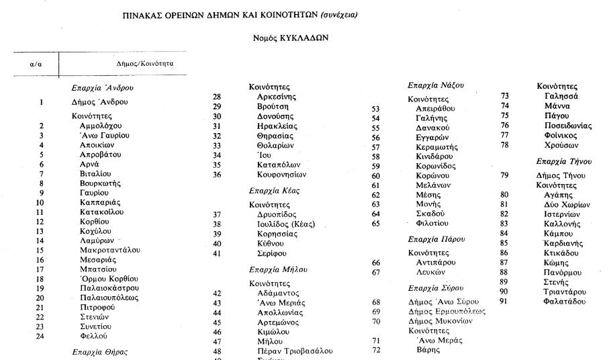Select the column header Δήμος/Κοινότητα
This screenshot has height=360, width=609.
(x=145, y=64)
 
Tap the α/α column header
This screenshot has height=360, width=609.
(x=36, y=64)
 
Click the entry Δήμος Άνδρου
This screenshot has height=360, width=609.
(x=99, y=103)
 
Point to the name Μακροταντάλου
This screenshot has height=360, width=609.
(x=110, y=250)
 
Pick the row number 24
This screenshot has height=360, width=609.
(x=41, y=336)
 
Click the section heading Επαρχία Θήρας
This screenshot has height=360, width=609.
(x=99, y=352)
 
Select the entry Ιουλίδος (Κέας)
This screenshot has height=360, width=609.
(x=286, y=224)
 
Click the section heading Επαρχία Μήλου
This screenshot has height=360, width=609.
(x=278, y=269)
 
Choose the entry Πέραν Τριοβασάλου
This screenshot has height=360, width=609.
(x=295, y=351)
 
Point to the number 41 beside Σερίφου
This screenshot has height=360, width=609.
(x=217, y=253)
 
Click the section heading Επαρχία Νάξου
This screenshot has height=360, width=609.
(x=436, y=85)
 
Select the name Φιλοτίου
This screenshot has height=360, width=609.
(x=432, y=223)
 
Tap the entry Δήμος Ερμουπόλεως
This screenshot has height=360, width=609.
(x=447, y=312)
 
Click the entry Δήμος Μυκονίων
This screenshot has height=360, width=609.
(x=440, y=321)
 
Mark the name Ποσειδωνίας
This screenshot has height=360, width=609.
(x=568, y=126)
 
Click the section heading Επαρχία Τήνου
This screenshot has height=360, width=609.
(x=564, y=161)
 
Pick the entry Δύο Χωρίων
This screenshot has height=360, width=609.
(x=567, y=205)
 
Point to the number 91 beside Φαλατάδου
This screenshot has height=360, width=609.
(x=504, y=301)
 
